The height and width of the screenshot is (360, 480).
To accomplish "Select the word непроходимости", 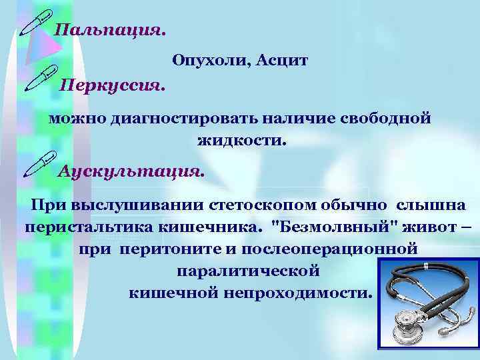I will [x=293, y=293].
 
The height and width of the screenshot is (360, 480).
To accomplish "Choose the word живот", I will [x=415, y=227].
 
